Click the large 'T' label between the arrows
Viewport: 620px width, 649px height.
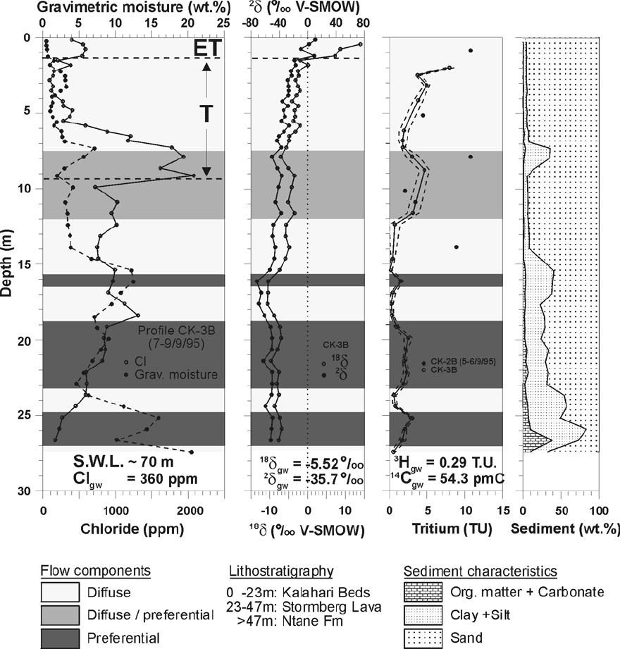tap(206, 116)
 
